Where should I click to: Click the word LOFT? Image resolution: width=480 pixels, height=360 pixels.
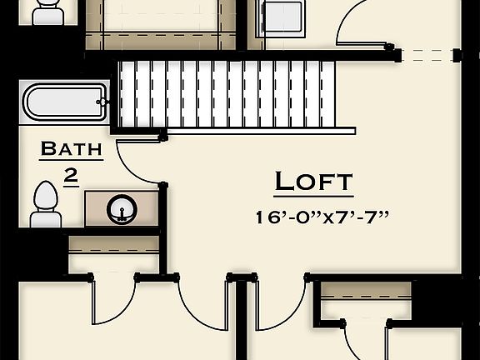click(313, 182)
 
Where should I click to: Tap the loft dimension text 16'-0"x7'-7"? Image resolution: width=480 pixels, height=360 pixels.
click(322, 217)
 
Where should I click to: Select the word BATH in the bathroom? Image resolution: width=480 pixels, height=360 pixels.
click(71, 150)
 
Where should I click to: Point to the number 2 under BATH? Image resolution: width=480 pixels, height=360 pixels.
click(71, 176)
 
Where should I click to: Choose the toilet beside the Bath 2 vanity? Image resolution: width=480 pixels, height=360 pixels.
click(45, 204)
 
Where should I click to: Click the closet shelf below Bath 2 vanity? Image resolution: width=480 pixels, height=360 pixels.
click(113, 242)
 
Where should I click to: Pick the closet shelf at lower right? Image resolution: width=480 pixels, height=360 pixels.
click(366, 292)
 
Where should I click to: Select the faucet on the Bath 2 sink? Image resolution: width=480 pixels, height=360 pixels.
click(123, 218)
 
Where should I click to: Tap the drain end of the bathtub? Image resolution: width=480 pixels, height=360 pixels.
click(102, 102)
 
